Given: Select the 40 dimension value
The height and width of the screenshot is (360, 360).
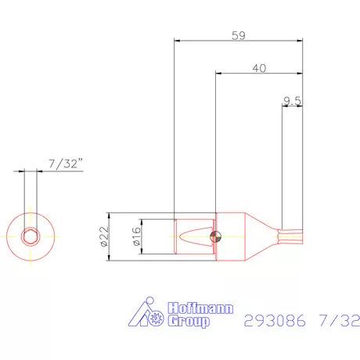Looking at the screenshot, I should pos(260,68).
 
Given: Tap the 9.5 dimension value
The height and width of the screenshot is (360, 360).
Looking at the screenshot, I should pos(293,100).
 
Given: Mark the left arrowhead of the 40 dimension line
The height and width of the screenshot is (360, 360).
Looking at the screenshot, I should pos(218,74).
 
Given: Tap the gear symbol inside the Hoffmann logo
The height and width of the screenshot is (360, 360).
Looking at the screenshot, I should pos(157,318).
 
